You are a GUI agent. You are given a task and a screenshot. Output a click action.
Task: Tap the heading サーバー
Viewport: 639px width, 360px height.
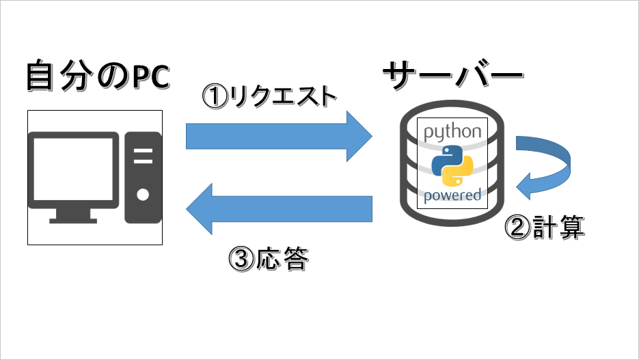(453, 76)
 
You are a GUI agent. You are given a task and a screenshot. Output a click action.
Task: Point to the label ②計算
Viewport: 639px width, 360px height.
(545, 227)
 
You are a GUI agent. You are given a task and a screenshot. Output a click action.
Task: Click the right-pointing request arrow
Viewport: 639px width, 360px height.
(278, 137)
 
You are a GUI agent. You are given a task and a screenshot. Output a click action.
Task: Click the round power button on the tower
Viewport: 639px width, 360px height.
(143, 195)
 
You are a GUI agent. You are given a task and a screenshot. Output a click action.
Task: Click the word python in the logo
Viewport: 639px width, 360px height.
(452, 133)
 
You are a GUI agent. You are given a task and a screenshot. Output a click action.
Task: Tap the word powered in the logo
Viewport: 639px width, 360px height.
(452, 196)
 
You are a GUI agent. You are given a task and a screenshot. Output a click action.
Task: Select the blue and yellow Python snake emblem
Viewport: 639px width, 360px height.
(452, 166)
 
